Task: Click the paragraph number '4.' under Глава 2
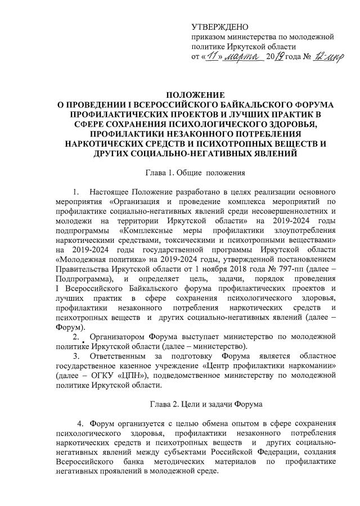coord(81,423)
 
